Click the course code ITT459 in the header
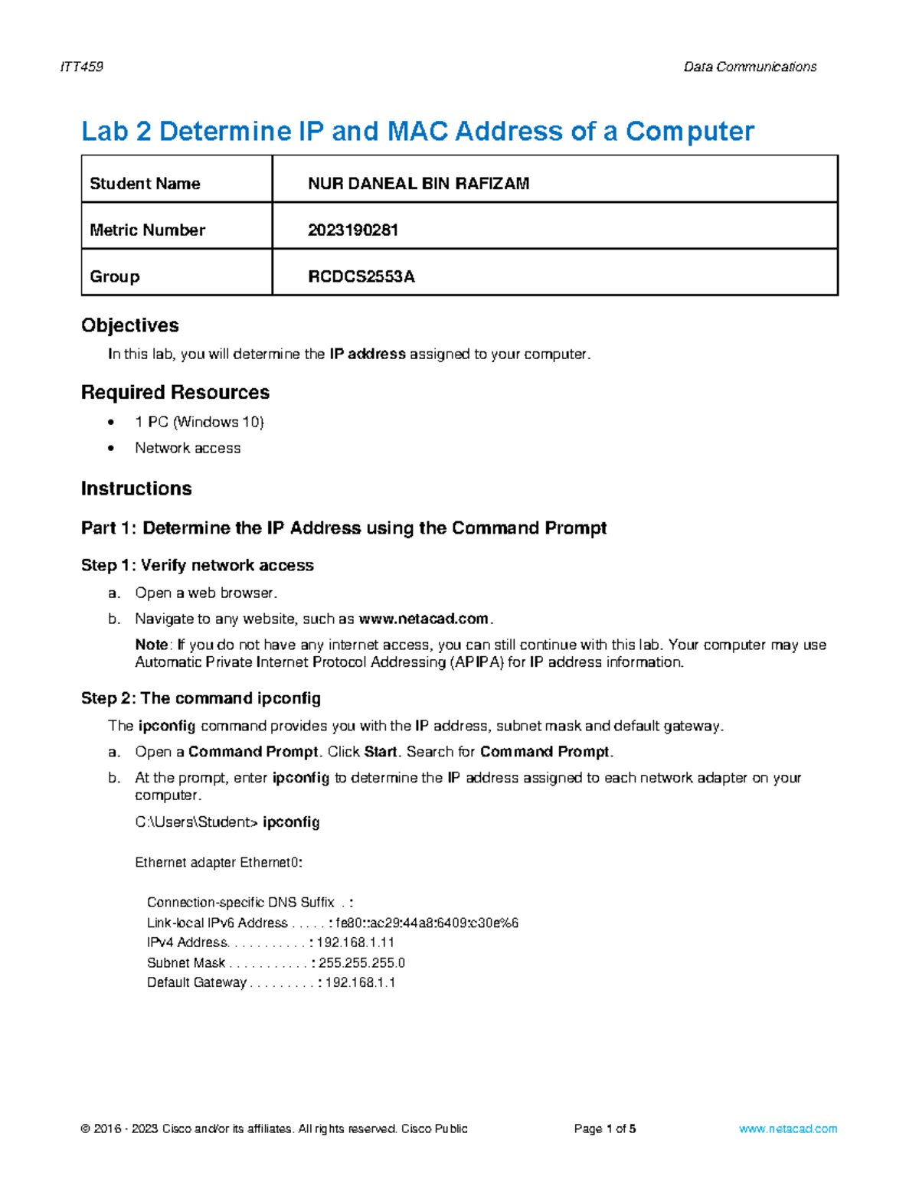coord(81,67)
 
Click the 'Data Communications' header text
coord(750,67)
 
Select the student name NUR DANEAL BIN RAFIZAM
coord(418,184)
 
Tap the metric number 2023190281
coord(353,230)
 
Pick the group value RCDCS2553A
coord(361,276)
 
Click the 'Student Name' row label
coord(145,184)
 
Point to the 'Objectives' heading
coord(130,325)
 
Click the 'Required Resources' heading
coord(175,392)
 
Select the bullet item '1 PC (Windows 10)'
coord(199,422)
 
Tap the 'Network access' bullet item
coord(188,448)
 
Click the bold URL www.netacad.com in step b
coord(424,619)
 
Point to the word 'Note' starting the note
coord(151,645)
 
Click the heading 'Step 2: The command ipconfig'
coord(201,698)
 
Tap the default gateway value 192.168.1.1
coord(360,982)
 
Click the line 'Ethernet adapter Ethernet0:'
coord(218,863)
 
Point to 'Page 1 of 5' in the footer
coord(605,1129)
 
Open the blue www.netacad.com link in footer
coord(788,1129)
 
